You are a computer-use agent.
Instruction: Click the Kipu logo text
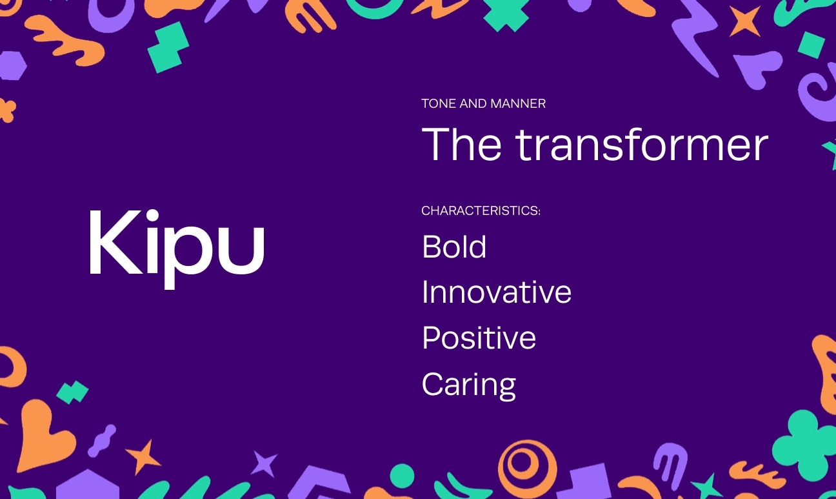[176, 243]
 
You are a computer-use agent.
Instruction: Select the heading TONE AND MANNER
[483, 103]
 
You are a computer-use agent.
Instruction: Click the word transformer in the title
[642, 144]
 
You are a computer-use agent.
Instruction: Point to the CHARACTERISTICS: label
[481, 211]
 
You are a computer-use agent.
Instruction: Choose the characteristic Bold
[454, 247]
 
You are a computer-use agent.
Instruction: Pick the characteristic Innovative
[496, 292]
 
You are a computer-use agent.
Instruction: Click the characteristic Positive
[479, 338]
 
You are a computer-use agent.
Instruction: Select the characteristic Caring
[469, 384]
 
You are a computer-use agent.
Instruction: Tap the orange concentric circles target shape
[527, 463]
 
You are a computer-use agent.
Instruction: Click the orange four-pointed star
[744, 21]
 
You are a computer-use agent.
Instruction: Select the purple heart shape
[759, 67]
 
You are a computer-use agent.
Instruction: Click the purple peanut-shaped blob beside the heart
[101, 440]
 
